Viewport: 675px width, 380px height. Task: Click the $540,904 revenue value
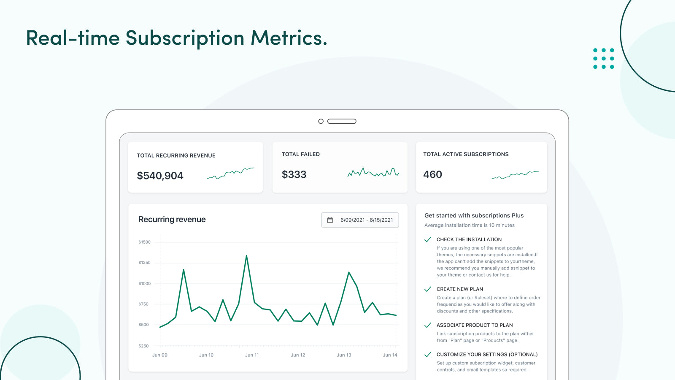[160, 176]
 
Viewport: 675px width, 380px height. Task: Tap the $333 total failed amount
[294, 174]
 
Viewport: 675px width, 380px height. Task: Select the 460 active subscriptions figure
[432, 174]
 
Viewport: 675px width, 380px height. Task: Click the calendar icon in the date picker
[330, 220]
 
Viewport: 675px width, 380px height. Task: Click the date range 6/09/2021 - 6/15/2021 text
[367, 220]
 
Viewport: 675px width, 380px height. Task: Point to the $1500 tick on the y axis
[144, 242]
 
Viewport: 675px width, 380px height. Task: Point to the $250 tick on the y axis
[143, 346]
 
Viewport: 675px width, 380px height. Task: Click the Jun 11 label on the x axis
[252, 355]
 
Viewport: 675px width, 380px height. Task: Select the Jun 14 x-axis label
[390, 355]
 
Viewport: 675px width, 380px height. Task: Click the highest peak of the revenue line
[246, 256]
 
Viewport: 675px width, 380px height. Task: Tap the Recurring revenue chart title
[172, 220]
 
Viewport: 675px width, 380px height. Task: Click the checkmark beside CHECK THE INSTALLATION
[428, 239]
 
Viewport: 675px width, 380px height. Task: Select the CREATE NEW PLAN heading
[459, 289]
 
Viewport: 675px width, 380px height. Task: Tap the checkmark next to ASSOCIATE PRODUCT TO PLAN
[428, 325]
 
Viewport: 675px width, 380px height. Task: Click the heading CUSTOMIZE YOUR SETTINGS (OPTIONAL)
[487, 355]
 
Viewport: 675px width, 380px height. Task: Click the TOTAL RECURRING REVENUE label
[176, 156]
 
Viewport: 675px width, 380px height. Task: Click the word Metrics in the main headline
[289, 38]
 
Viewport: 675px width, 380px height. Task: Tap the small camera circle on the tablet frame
[321, 121]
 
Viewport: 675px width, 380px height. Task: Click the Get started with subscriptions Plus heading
[474, 215]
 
